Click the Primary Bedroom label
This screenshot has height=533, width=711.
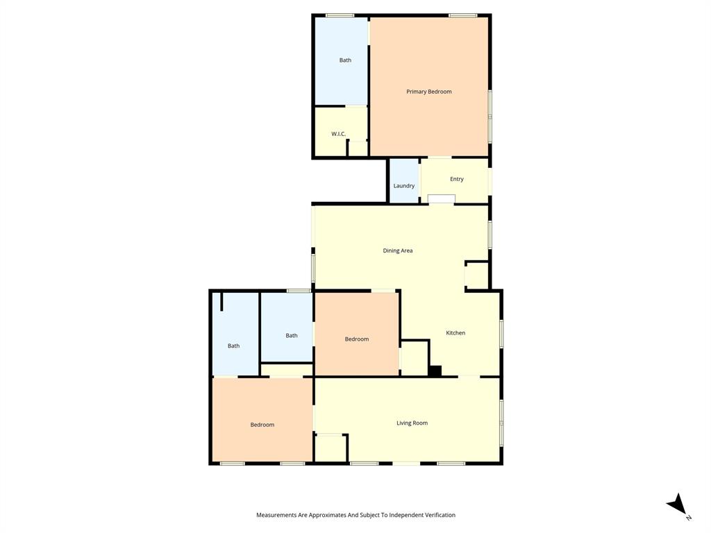(429, 92)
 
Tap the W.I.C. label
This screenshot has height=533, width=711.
(338, 134)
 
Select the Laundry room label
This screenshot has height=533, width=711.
(404, 186)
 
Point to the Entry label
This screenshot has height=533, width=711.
(456, 179)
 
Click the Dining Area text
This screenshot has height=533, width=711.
(398, 251)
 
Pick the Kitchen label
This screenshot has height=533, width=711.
(455, 333)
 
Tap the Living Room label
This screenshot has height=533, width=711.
(412, 423)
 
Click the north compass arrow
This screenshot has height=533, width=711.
(678, 505)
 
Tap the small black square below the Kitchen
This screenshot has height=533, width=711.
(435, 371)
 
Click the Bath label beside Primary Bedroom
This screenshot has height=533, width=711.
(345, 60)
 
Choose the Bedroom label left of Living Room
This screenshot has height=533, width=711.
(262, 425)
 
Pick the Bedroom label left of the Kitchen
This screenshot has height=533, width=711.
(357, 339)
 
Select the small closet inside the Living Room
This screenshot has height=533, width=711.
(331, 448)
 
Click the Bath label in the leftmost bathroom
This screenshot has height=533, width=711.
(234, 346)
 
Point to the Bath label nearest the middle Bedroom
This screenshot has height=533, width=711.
(292, 336)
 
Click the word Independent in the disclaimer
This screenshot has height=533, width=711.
(405, 515)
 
